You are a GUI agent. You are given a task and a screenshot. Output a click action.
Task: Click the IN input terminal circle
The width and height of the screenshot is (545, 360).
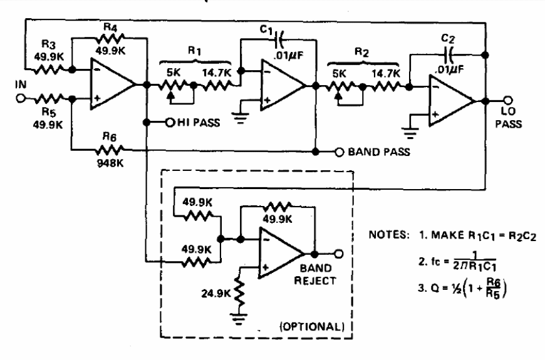pyautogui.click(x=20, y=99)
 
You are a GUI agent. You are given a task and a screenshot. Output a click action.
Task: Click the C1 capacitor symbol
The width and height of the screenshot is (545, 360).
pyautogui.click(x=279, y=43)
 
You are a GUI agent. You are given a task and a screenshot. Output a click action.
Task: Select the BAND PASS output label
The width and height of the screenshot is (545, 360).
pyautogui.click(x=375, y=152)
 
